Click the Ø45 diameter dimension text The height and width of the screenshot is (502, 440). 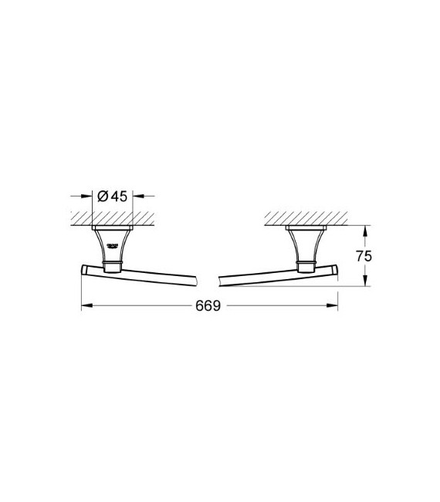click(114, 197)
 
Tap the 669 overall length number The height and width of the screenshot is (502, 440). click(208, 306)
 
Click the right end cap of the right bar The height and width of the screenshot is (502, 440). click(334, 268)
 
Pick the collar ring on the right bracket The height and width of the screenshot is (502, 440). click(305, 268)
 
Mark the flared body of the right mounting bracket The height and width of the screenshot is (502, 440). click(305, 245)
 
